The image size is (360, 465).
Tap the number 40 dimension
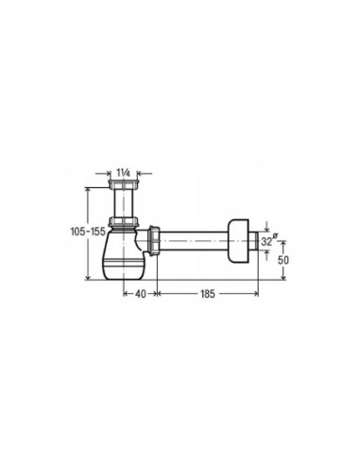[x=140, y=294]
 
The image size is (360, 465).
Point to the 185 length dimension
[x=208, y=294]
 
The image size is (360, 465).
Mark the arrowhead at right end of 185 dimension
[x=256, y=294]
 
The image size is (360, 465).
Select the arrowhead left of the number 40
[x=125, y=294]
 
